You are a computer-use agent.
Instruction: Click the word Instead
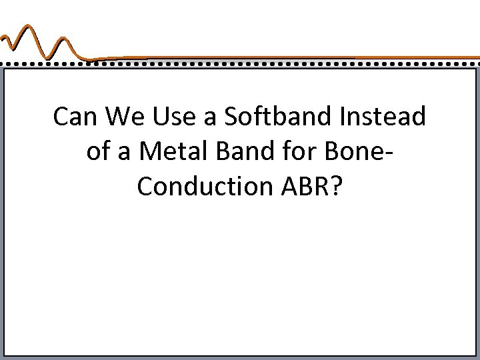click(389, 117)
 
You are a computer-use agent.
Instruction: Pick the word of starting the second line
click(97, 153)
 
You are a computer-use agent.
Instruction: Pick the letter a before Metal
click(127, 155)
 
